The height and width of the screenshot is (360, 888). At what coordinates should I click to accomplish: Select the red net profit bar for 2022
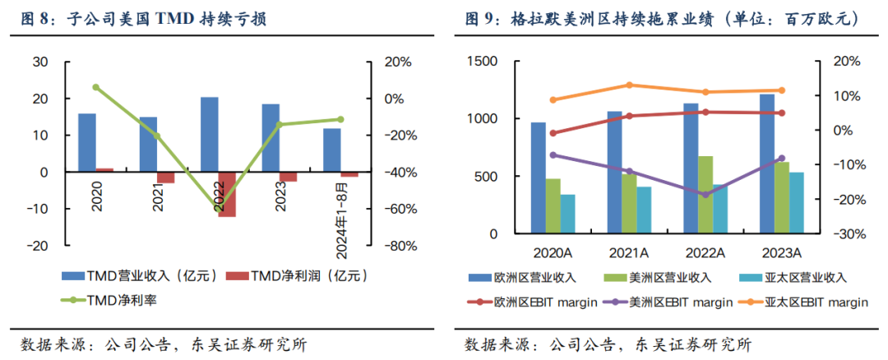click(227, 194)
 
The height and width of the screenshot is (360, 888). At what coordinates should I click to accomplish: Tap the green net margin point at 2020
click(96, 87)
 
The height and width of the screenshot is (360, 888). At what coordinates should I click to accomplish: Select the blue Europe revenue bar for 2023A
click(766, 164)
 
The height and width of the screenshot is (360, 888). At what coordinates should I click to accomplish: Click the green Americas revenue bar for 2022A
click(705, 195)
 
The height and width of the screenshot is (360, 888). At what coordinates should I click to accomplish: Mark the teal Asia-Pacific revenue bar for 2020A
click(568, 214)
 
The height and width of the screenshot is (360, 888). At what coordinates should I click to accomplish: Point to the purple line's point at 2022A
click(705, 195)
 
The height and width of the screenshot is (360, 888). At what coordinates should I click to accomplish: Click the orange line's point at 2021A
click(629, 85)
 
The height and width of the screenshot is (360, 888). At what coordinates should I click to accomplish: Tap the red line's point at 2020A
click(553, 132)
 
